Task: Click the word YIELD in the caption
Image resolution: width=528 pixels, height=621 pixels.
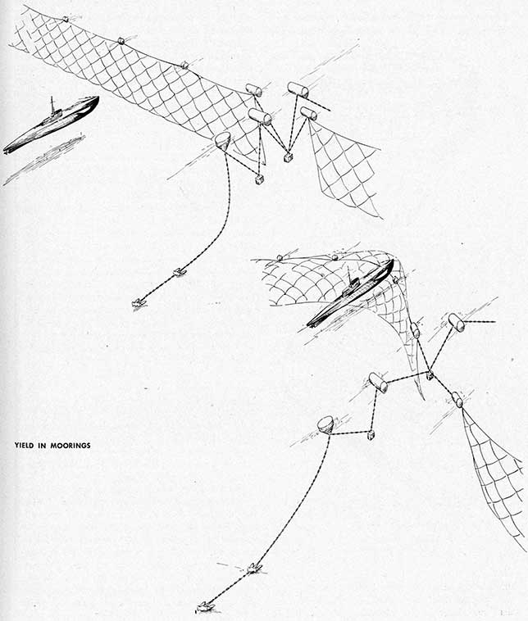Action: [25, 445]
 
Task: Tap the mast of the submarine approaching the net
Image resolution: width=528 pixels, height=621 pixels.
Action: [52, 104]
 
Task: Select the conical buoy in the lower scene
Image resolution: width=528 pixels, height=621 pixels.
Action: [325, 424]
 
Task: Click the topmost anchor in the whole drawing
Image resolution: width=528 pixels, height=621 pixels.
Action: [180, 272]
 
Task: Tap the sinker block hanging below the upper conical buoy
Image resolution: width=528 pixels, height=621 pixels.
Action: [258, 179]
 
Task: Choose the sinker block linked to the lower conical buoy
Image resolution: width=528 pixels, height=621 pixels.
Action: [371, 435]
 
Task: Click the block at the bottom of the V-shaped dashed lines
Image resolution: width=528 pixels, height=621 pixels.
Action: [288, 158]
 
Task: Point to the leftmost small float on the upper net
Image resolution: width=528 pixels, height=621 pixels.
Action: [66, 19]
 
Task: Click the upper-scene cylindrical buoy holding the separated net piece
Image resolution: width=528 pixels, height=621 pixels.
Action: [308, 113]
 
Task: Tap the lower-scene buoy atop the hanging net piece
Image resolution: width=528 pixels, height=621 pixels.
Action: [457, 399]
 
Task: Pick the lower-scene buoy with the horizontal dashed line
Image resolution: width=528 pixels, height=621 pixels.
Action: [456, 322]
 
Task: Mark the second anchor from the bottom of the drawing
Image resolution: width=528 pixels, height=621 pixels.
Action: [254, 569]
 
